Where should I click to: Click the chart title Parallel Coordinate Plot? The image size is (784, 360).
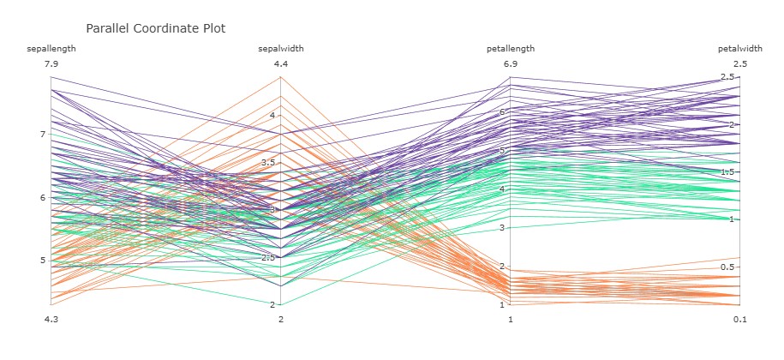(x=155, y=27)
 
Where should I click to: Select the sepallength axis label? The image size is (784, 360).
(x=51, y=49)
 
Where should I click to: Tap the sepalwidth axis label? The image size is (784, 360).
(x=281, y=49)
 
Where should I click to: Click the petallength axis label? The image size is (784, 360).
(x=511, y=49)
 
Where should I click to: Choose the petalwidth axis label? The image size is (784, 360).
(x=740, y=49)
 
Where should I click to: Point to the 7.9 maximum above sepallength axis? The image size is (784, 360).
(x=51, y=64)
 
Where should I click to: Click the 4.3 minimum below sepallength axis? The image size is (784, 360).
(x=51, y=320)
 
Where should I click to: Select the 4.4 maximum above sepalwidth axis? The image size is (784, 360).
(x=281, y=64)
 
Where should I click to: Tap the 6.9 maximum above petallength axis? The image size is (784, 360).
(x=511, y=64)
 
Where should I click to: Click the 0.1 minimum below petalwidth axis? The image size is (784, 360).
(x=740, y=320)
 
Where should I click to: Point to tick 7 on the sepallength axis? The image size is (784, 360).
(x=41, y=135)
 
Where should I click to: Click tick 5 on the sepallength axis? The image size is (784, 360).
(x=41, y=261)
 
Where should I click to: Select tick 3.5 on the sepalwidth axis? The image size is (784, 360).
(x=268, y=163)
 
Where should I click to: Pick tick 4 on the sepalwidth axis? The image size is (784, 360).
(x=272, y=115)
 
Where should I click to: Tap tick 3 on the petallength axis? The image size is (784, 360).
(x=501, y=228)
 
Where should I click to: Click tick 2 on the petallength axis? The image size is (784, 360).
(x=501, y=267)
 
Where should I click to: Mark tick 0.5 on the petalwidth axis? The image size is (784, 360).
(x=727, y=267)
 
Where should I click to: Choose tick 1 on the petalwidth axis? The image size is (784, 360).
(x=731, y=219)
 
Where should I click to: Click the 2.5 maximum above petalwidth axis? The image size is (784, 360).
(x=740, y=64)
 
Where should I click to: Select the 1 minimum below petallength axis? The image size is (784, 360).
(x=511, y=320)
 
